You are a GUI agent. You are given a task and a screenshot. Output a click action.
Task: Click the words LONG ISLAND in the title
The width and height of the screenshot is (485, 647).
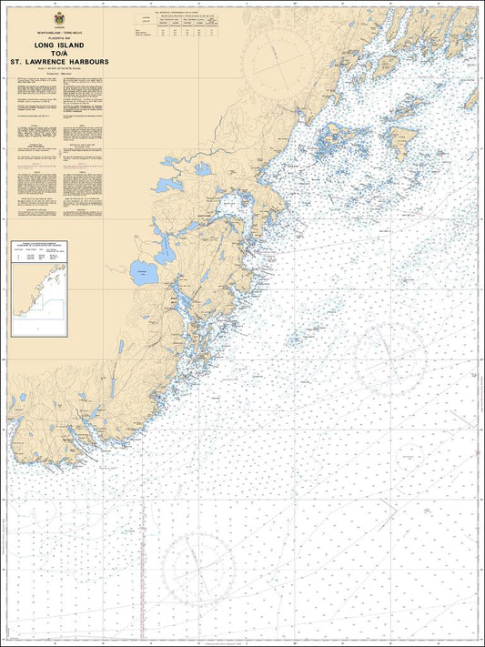[x=59, y=44]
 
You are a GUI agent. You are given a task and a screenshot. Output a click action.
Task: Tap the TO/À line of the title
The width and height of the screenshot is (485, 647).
[x=59, y=53]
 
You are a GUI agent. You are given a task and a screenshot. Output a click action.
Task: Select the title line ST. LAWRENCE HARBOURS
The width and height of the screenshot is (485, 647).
[x=59, y=62]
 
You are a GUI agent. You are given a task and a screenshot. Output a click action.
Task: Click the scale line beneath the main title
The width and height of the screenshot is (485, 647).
[x=59, y=69]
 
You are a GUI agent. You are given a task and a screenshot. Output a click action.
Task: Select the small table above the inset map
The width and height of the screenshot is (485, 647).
[x=36, y=256]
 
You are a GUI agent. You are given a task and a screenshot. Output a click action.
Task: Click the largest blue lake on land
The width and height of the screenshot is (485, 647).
[x=142, y=271]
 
